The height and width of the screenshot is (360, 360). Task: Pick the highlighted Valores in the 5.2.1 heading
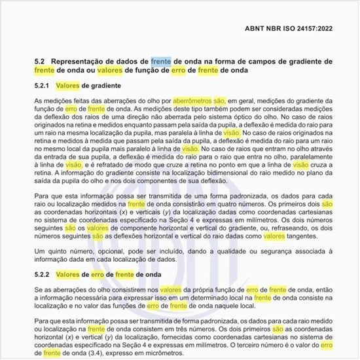[69, 86]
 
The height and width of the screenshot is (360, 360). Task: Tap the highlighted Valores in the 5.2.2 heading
[69, 274]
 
